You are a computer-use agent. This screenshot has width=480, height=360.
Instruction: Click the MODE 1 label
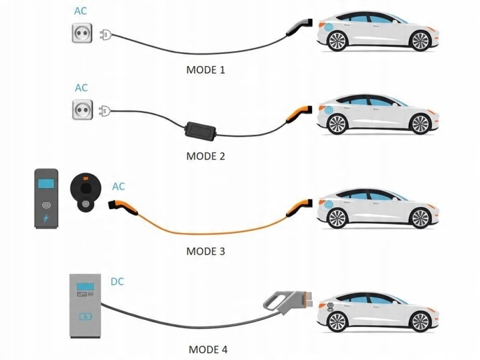click(x=206, y=70)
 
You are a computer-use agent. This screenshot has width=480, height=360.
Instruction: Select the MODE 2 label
click(x=206, y=157)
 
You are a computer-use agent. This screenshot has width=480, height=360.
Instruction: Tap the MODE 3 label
click(x=206, y=251)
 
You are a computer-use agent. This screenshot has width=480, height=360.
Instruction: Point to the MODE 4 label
click(x=208, y=349)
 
